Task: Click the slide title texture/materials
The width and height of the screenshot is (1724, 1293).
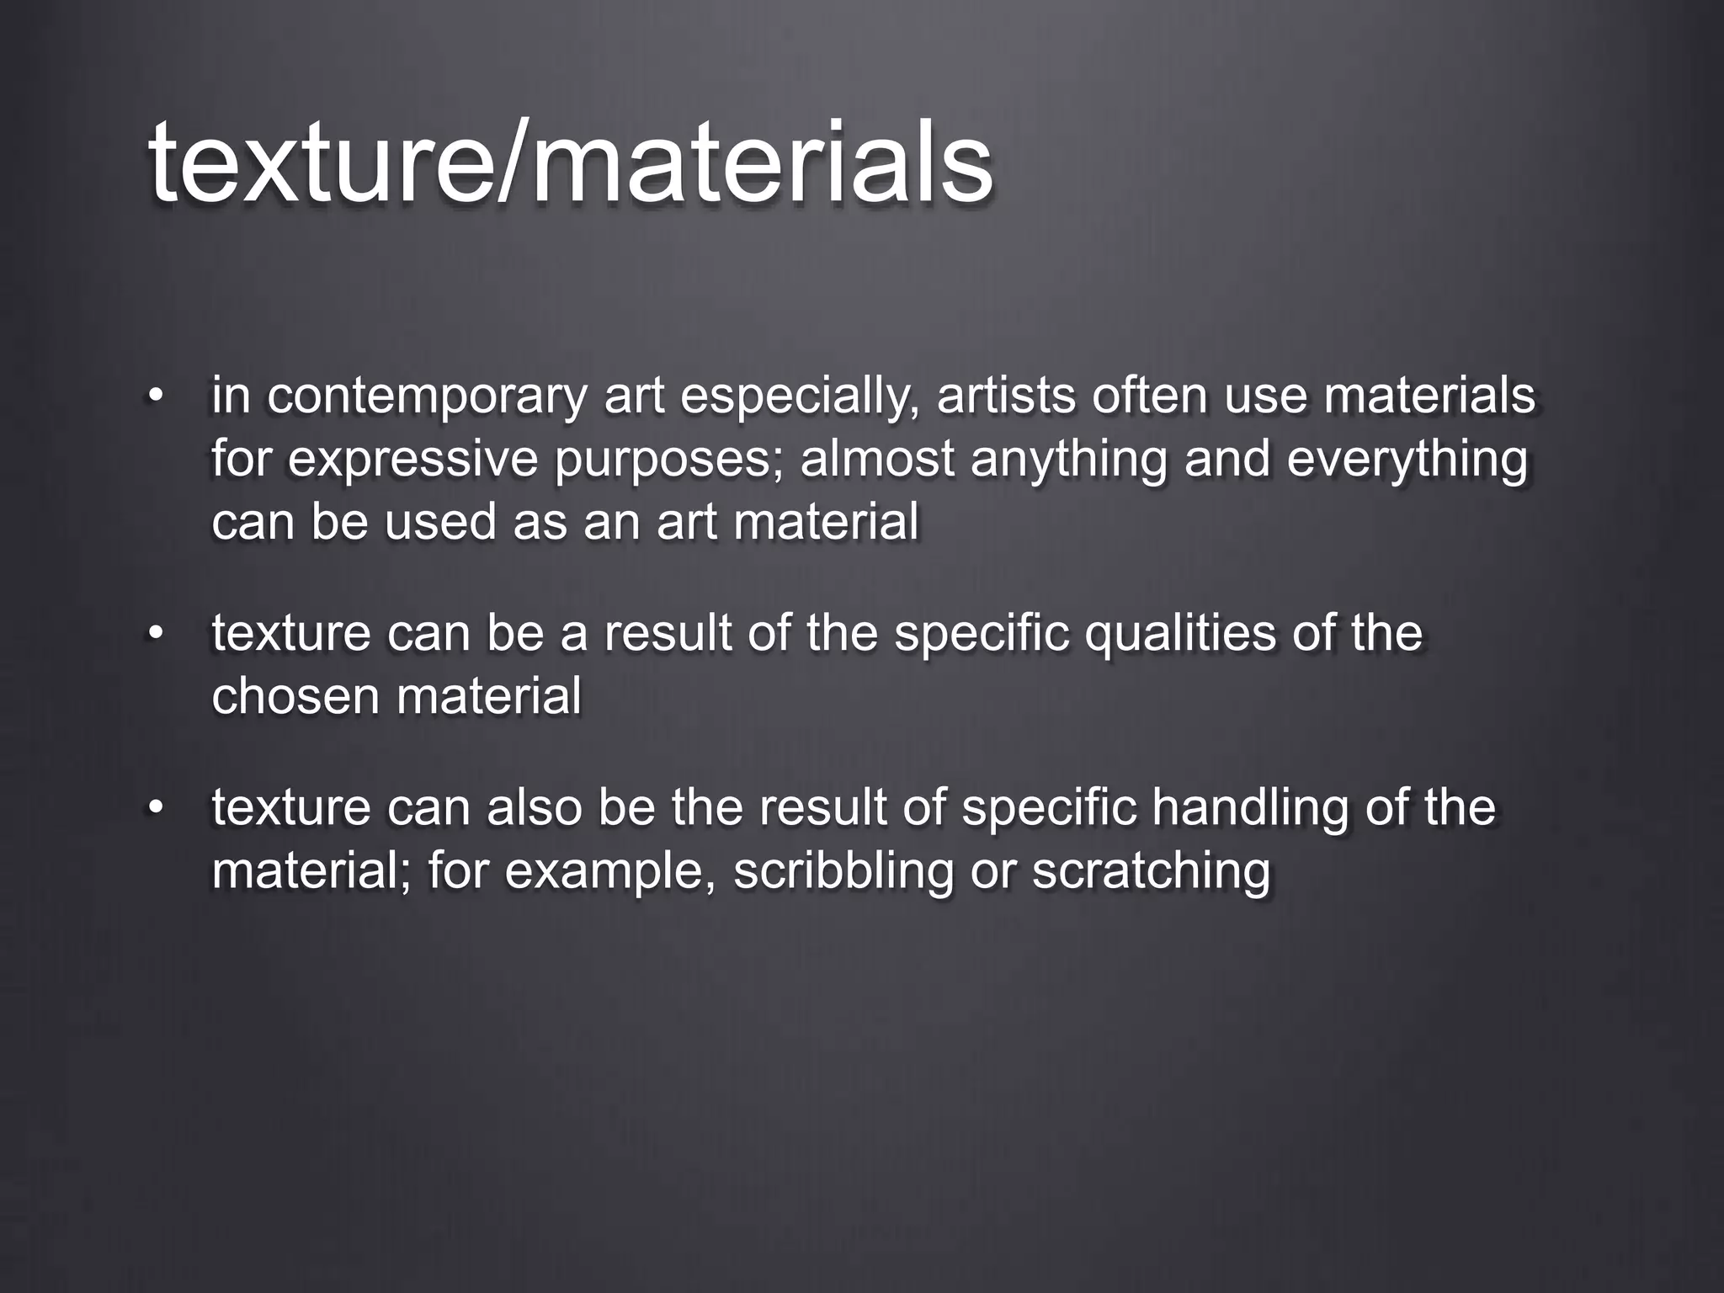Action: point(571,162)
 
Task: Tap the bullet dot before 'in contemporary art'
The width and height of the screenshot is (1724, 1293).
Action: point(154,396)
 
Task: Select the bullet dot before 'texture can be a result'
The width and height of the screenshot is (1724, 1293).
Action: point(154,633)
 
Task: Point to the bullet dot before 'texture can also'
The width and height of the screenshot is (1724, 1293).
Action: point(154,807)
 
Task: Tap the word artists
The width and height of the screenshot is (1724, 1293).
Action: point(1006,396)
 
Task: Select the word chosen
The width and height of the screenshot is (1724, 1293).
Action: point(294,697)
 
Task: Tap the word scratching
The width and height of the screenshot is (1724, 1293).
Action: point(1151,872)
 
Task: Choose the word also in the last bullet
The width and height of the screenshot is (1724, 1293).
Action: point(534,807)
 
